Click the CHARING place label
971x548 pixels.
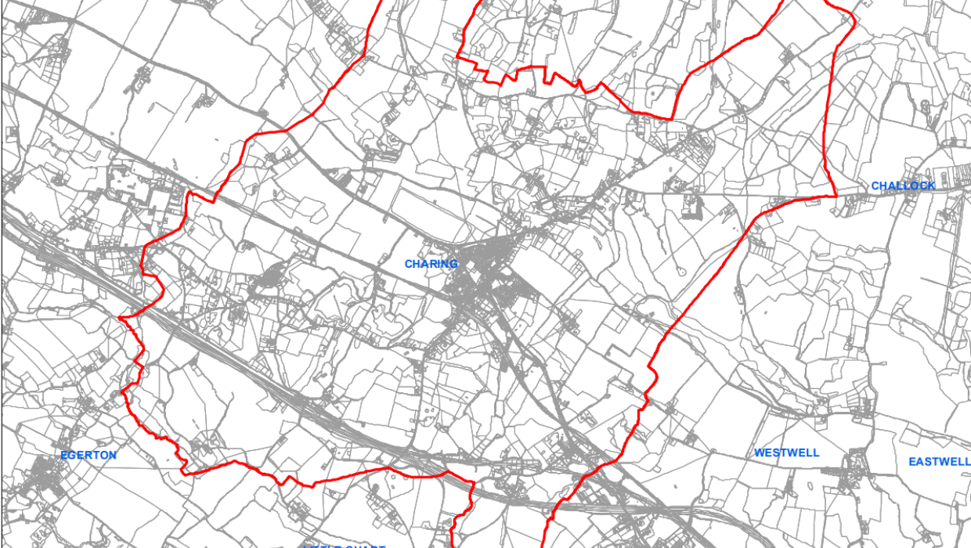click(431, 264)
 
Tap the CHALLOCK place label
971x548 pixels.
click(903, 186)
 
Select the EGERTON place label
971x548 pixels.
click(88, 455)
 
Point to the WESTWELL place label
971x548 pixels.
click(786, 452)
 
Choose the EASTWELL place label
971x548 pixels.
click(939, 462)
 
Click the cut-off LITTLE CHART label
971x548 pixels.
click(345, 545)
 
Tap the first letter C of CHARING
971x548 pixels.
click(408, 264)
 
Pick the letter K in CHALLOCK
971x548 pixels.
click(931, 186)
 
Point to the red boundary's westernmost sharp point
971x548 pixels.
click(120, 318)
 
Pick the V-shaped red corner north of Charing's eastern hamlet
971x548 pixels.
click(672, 118)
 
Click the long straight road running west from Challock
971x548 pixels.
click(744, 191)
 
